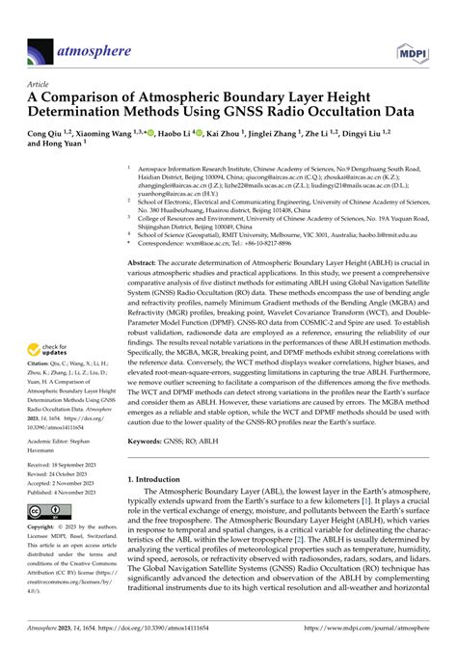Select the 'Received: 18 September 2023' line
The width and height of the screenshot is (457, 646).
(x=69, y=490)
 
